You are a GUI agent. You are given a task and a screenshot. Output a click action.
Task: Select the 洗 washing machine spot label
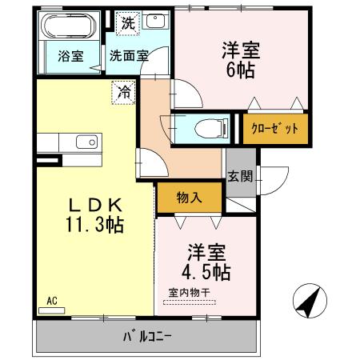pyautogui.click(x=128, y=24)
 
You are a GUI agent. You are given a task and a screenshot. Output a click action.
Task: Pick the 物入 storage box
pyautogui.click(x=188, y=198)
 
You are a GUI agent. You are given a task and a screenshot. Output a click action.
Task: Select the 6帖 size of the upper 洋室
pyautogui.click(x=239, y=70)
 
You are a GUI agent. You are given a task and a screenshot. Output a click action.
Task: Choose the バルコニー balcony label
pyautogui.click(x=146, y=335)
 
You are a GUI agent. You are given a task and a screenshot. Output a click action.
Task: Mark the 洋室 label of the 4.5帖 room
pyautogui.click(x=205, y=249)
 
